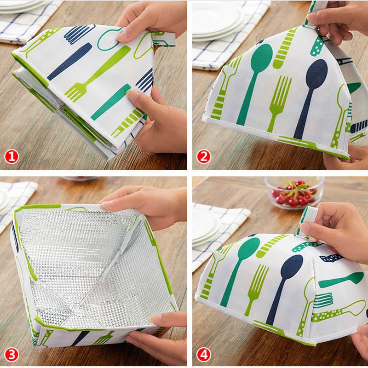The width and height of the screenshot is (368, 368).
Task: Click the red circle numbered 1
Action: [11, 157]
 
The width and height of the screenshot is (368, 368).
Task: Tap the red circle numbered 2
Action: [203, 157]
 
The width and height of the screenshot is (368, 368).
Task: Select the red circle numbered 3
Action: [11, 355]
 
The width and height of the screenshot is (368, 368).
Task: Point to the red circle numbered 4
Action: [203, 355]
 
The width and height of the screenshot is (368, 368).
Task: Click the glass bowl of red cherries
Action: [294, 192]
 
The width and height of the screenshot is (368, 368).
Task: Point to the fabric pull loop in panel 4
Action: [307, 221]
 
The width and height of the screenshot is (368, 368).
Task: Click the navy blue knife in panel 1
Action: [70, 61]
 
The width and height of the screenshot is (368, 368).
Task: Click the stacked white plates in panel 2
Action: [218, 21]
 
